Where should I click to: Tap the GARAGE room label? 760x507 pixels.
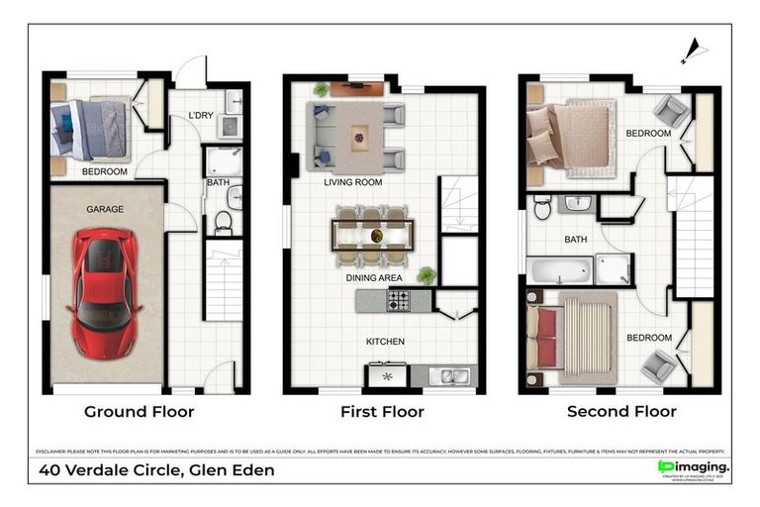tap(104, 210)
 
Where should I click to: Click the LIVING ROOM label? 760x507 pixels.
tap(352, 182)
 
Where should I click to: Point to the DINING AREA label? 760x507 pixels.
tap(373, 278)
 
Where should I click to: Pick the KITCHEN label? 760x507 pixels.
tap(385, 342)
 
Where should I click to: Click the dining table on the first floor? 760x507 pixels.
tap(375, 236)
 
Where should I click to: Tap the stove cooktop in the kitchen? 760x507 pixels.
tap(399, 300)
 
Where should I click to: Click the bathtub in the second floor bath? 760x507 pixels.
tap(559, 269)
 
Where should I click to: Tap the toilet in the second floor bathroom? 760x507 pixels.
tap(542, 208)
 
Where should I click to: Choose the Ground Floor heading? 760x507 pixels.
tap(139, 411)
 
